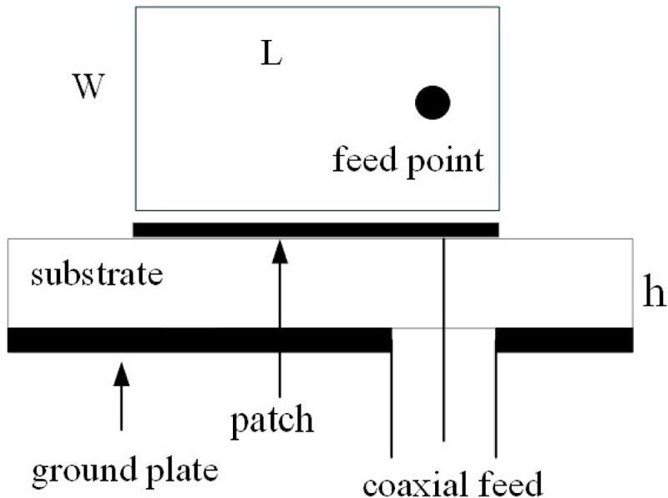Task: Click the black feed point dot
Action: [433, 102]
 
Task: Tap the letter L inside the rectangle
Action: [271, 56]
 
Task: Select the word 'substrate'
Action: [96, 274]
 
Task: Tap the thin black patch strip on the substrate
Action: [316, 229]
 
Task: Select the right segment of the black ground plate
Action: [564, 340]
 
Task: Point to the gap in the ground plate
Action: [443, 340]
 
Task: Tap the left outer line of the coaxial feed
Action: [392, 400]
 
